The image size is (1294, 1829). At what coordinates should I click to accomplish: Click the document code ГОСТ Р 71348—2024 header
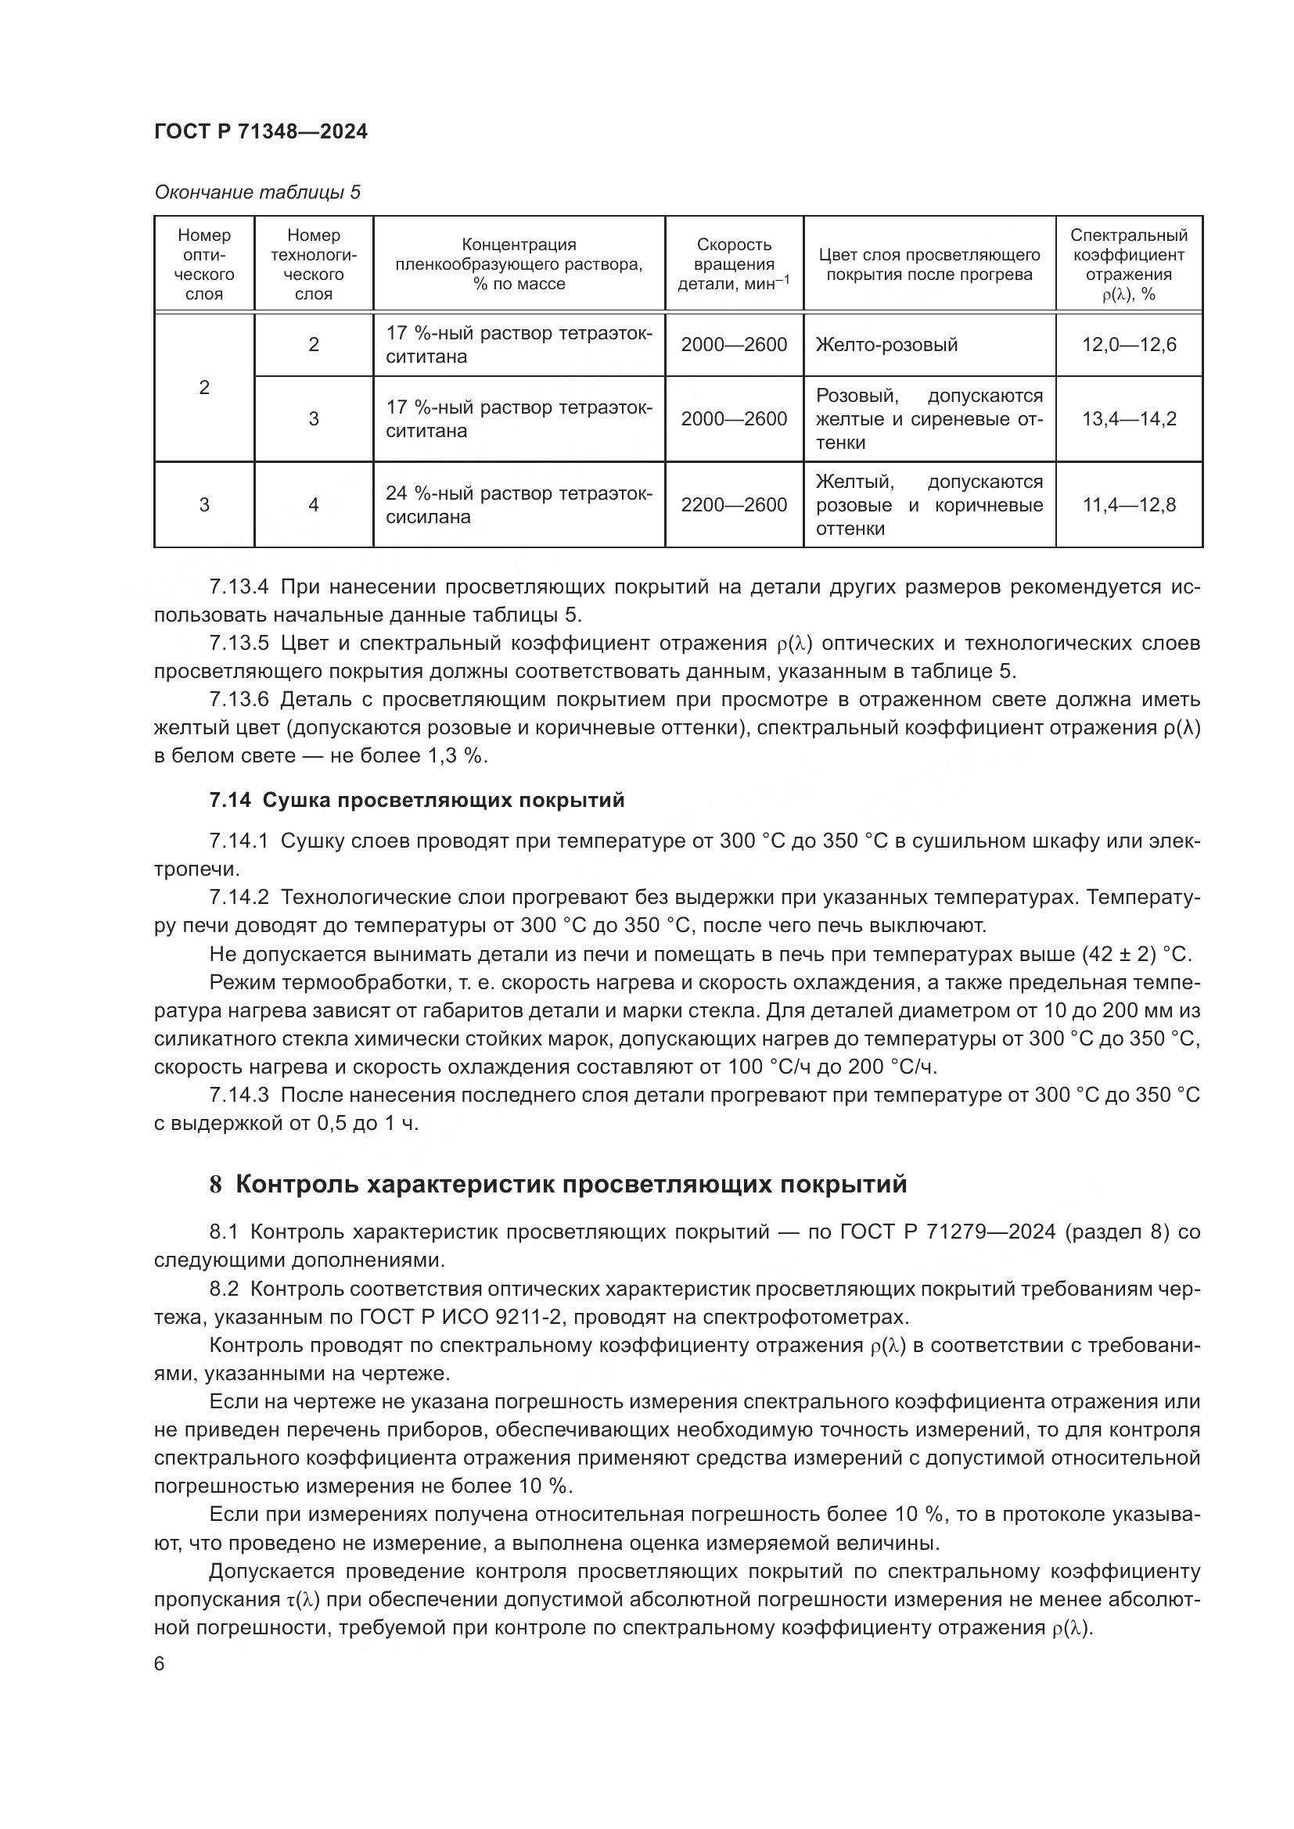click(x=261, y=132)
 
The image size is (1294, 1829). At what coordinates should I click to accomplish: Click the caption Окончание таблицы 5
click(x=257, y=192)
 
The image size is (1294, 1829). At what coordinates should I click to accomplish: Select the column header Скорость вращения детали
click(x=733, y=264)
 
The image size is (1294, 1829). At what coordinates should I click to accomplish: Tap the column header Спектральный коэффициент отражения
click(x=1128, y=264)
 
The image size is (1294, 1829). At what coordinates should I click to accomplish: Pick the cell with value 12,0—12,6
click(x=1128, y=345)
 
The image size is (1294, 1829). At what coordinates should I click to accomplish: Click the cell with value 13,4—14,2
click(x=1128, y=419)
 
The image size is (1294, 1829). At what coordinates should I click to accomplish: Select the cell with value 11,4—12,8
click(x=1128, y=505)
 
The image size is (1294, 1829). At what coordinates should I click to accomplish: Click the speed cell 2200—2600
click(x=733, y=505)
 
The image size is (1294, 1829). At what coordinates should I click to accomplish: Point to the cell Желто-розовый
click(x=886, y=345)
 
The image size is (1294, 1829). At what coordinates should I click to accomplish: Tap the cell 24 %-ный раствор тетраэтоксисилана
click(x=518, y=505)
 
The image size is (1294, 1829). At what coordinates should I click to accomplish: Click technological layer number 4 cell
click(x=313, y=505)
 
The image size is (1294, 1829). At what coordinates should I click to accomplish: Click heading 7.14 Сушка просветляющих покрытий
click(x=417, y=800)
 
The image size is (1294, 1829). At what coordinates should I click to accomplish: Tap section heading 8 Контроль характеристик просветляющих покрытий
click(x=558, y=1185)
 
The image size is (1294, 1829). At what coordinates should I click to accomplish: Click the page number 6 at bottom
click(x=160, y=1663)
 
